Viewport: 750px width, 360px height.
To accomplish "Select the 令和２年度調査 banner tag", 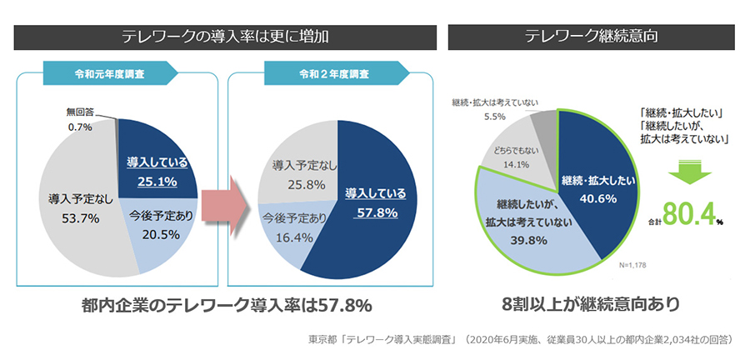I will click(322, 72).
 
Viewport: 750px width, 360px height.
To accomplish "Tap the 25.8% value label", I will click(293, 184).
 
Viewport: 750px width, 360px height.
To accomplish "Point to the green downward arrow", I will click(687, 173).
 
